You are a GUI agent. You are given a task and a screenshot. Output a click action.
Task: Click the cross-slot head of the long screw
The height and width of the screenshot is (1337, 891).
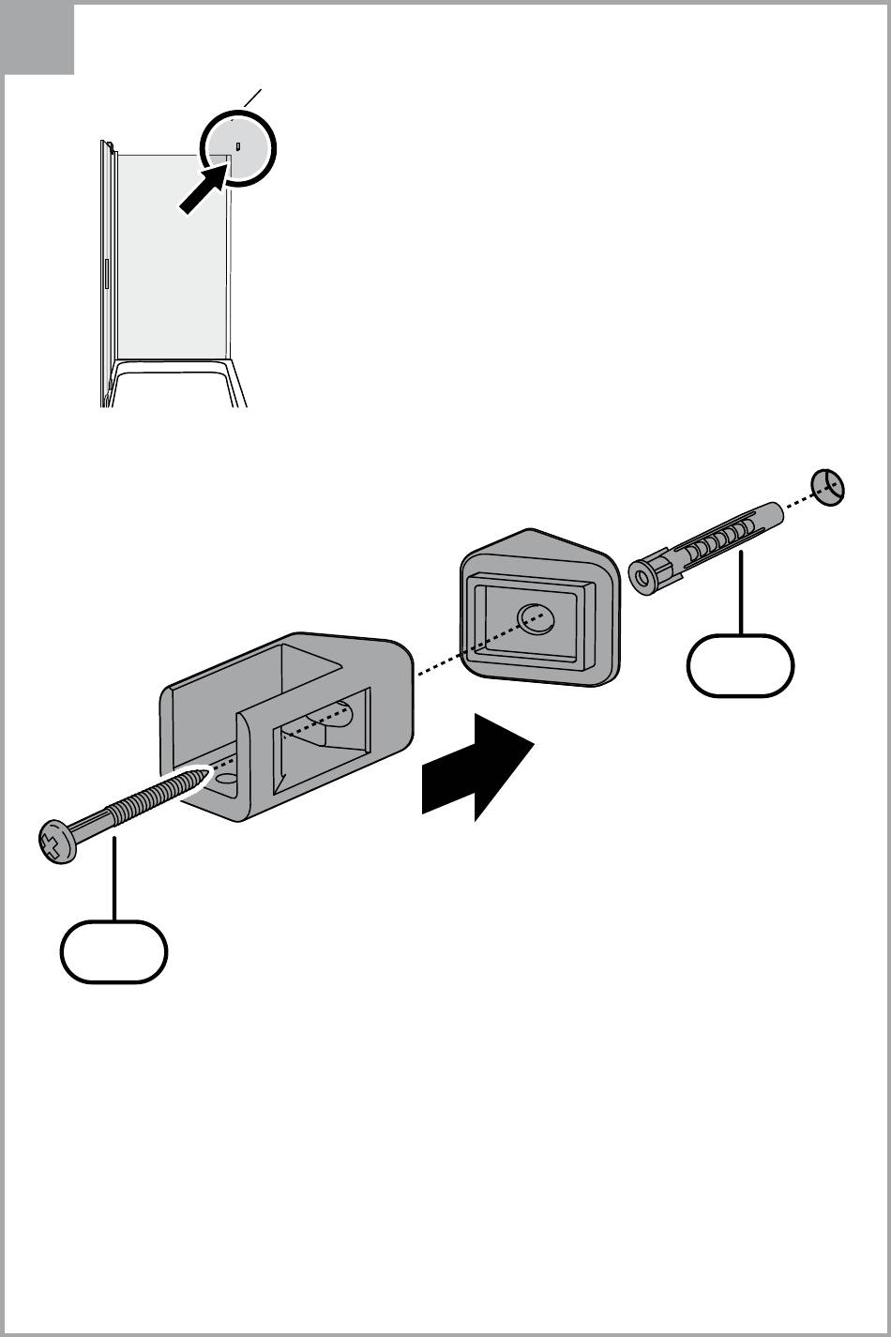[x=57, y=842]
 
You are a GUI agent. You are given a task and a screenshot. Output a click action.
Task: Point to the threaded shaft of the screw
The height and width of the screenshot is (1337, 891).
[x=150, y=797]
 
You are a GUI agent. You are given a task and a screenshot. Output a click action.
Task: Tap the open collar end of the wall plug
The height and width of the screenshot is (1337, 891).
[x=646, y=578]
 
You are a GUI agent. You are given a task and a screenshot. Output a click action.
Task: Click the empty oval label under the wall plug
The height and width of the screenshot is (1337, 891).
[x=740, y=665]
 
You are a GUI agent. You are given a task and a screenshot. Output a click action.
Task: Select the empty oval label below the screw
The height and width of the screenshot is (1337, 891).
[x=114, y=951]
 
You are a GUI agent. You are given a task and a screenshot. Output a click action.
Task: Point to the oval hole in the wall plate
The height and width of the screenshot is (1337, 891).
[x=536, y=616]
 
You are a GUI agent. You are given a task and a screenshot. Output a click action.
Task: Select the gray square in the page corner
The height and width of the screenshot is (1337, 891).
[x=38, y=38]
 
